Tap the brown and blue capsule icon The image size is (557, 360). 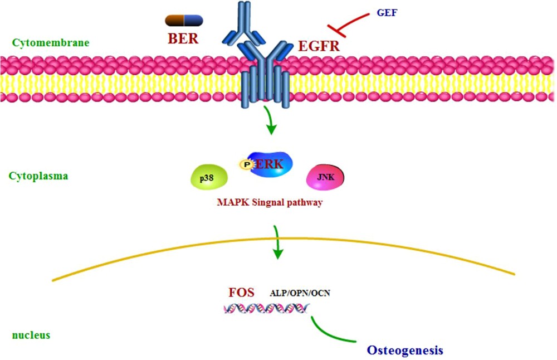pyautogui.click(x=184, y=21)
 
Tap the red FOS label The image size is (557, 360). pyautogui.click(x=241, y=292)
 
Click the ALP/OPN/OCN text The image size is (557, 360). pyautogui.click(x=300, y=293)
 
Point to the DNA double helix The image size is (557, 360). pyautogui.click(x=266, y=308)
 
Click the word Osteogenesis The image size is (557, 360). pyautogui.click(x=405, y=350)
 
